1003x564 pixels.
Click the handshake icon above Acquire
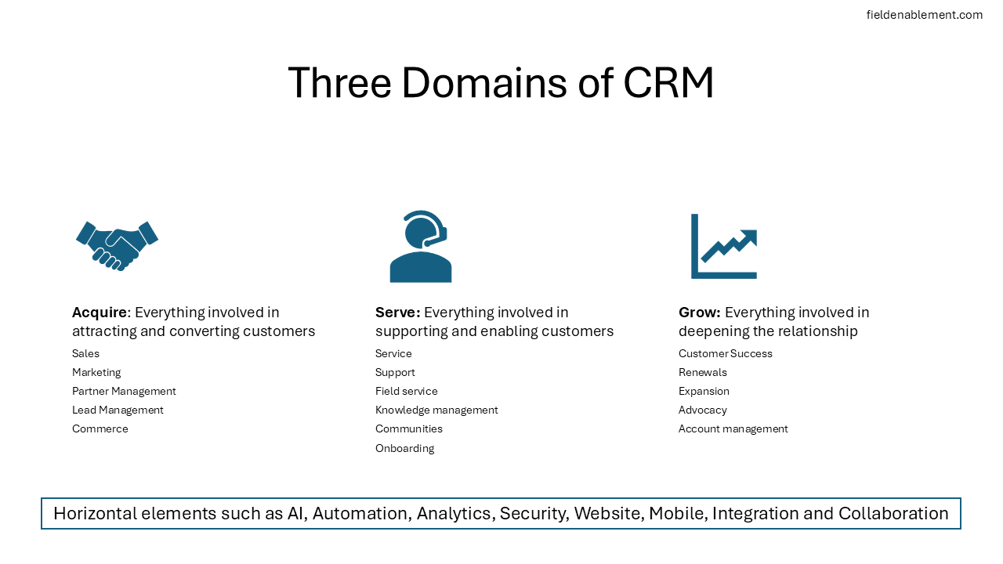(x=118, y=245)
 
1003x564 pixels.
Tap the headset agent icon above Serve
(x=421, y=247)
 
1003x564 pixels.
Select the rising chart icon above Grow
(x=724, y=246)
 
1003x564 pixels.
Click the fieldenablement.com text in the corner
(x=924, y=15)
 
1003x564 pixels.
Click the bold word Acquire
(x=100, y=313)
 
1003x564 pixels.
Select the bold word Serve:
(x=398, y=313)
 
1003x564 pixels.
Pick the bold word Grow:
(x=700, y=313)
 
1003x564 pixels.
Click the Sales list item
(x=86, y=353)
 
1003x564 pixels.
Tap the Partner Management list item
(x=124, y=391)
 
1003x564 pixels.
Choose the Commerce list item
(x=100, y=428)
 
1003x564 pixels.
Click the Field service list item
(x=407, y=391)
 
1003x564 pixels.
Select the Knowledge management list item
(x=436, y=410)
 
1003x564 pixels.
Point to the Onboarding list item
(x=404, y=448)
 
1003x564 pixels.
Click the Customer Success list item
(x=726, y=353)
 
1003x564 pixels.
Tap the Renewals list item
(x=703, y=372)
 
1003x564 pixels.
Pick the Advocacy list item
(x=703, y=410)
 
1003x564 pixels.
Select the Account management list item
(x=733, y=428)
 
